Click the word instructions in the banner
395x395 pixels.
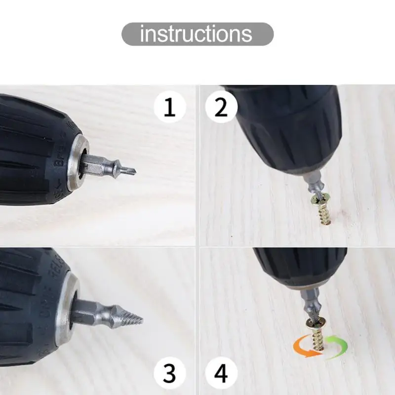(x=196, y=34)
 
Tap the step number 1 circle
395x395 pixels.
(x=170, y=107)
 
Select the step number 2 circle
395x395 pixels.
(x=221, y=107)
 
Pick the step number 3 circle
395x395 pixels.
(x=169, y=373)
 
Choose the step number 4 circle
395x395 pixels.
(x=221, y=373)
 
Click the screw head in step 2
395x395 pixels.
(x=320, y=199)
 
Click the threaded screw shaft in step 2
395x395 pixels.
(x=324, y=214)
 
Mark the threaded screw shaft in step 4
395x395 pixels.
(x=318, y=339)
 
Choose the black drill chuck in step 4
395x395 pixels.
(x=300, y=267)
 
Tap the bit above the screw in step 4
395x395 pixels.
(x=311, y=305)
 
